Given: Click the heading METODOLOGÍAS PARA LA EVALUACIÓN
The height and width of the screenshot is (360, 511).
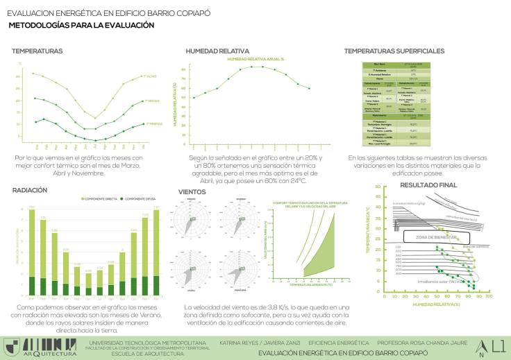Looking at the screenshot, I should point(81,25).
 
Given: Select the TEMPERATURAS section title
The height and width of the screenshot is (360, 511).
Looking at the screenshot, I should point(37,51).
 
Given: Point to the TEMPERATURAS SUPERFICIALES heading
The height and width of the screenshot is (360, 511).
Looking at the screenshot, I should point(394,51).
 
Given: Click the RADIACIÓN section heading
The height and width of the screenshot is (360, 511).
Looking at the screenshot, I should point(29,189).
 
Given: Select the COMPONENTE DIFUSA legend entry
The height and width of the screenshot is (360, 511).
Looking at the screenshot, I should point(144,198).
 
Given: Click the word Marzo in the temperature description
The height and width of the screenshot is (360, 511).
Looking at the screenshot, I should point(122,164).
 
